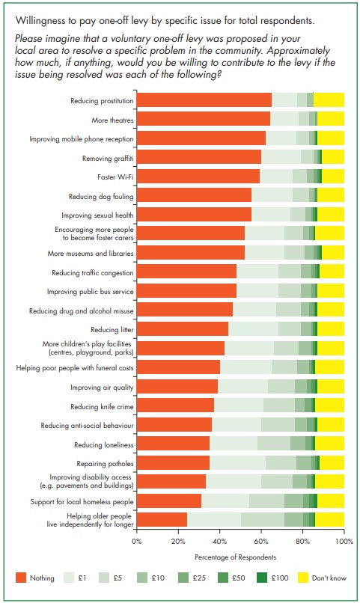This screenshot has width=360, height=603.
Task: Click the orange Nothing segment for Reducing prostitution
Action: tap(204, 100)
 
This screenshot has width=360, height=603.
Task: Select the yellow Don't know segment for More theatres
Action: tap(331, 119)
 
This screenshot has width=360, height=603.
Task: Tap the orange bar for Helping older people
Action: tap(162, 519)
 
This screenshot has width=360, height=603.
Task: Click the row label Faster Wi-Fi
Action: tap(115, 177)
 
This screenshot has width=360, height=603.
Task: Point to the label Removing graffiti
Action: tap(108, 159)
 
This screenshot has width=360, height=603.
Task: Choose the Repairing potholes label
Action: tap(105, 464)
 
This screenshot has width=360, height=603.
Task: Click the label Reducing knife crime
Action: tap(102, 406)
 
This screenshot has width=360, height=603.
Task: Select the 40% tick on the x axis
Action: tap(219, 542)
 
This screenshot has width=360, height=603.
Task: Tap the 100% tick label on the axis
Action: tap(344, 542)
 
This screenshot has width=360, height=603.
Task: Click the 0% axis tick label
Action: tap(136, 542)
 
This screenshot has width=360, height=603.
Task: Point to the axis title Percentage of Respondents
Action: tap(235, 557)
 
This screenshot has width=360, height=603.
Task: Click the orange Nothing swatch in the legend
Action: tap(21, 578)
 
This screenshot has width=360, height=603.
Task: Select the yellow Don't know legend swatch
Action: tap(303, 578)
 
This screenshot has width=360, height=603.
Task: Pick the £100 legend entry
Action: tap(272, 578)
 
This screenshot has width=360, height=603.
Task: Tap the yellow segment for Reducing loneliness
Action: tap(329, 444)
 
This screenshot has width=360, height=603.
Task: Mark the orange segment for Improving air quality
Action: tap(177, 386)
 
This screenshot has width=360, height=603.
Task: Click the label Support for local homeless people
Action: tap(82, 502)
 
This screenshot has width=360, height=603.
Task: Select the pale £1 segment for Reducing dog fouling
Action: tap(272, 195)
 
